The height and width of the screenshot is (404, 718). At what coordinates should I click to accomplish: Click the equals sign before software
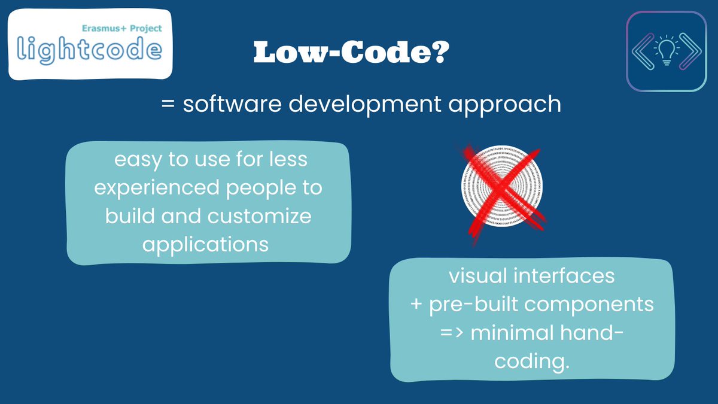168,105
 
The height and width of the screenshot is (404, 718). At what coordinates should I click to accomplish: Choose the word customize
260,216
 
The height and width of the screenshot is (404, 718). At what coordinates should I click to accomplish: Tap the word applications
206,244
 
